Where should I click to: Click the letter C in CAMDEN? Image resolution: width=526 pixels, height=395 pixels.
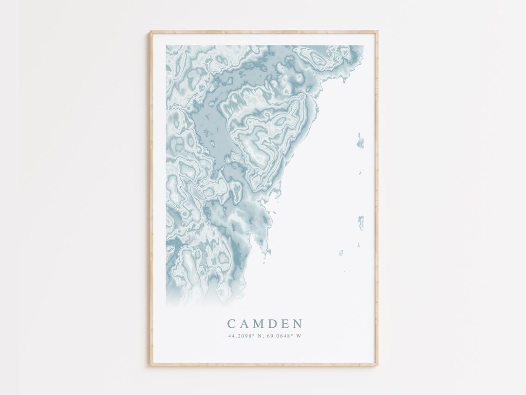[231, 324]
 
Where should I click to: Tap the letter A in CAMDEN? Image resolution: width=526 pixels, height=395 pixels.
[244, 324]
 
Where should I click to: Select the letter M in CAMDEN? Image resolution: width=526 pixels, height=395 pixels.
[259, 324]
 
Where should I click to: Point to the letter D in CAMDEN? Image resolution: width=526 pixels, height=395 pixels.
[273, 324]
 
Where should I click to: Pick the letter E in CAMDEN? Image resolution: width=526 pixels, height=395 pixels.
[285, 324]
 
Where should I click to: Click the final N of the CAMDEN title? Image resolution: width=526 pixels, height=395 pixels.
[298, 324]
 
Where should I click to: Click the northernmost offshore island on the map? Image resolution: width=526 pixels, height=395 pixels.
[360, 140]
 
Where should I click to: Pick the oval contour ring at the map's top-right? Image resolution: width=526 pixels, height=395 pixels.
[319, 59]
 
